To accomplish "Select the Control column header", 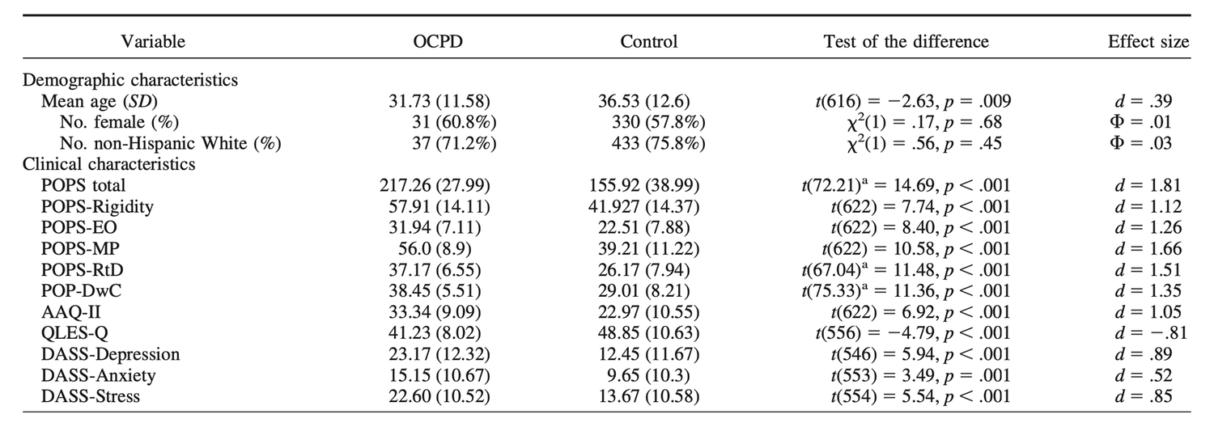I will click(x=648, y=40).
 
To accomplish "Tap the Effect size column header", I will click(x=1148, y=40).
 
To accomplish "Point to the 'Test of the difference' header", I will click(x=906, y=40).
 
